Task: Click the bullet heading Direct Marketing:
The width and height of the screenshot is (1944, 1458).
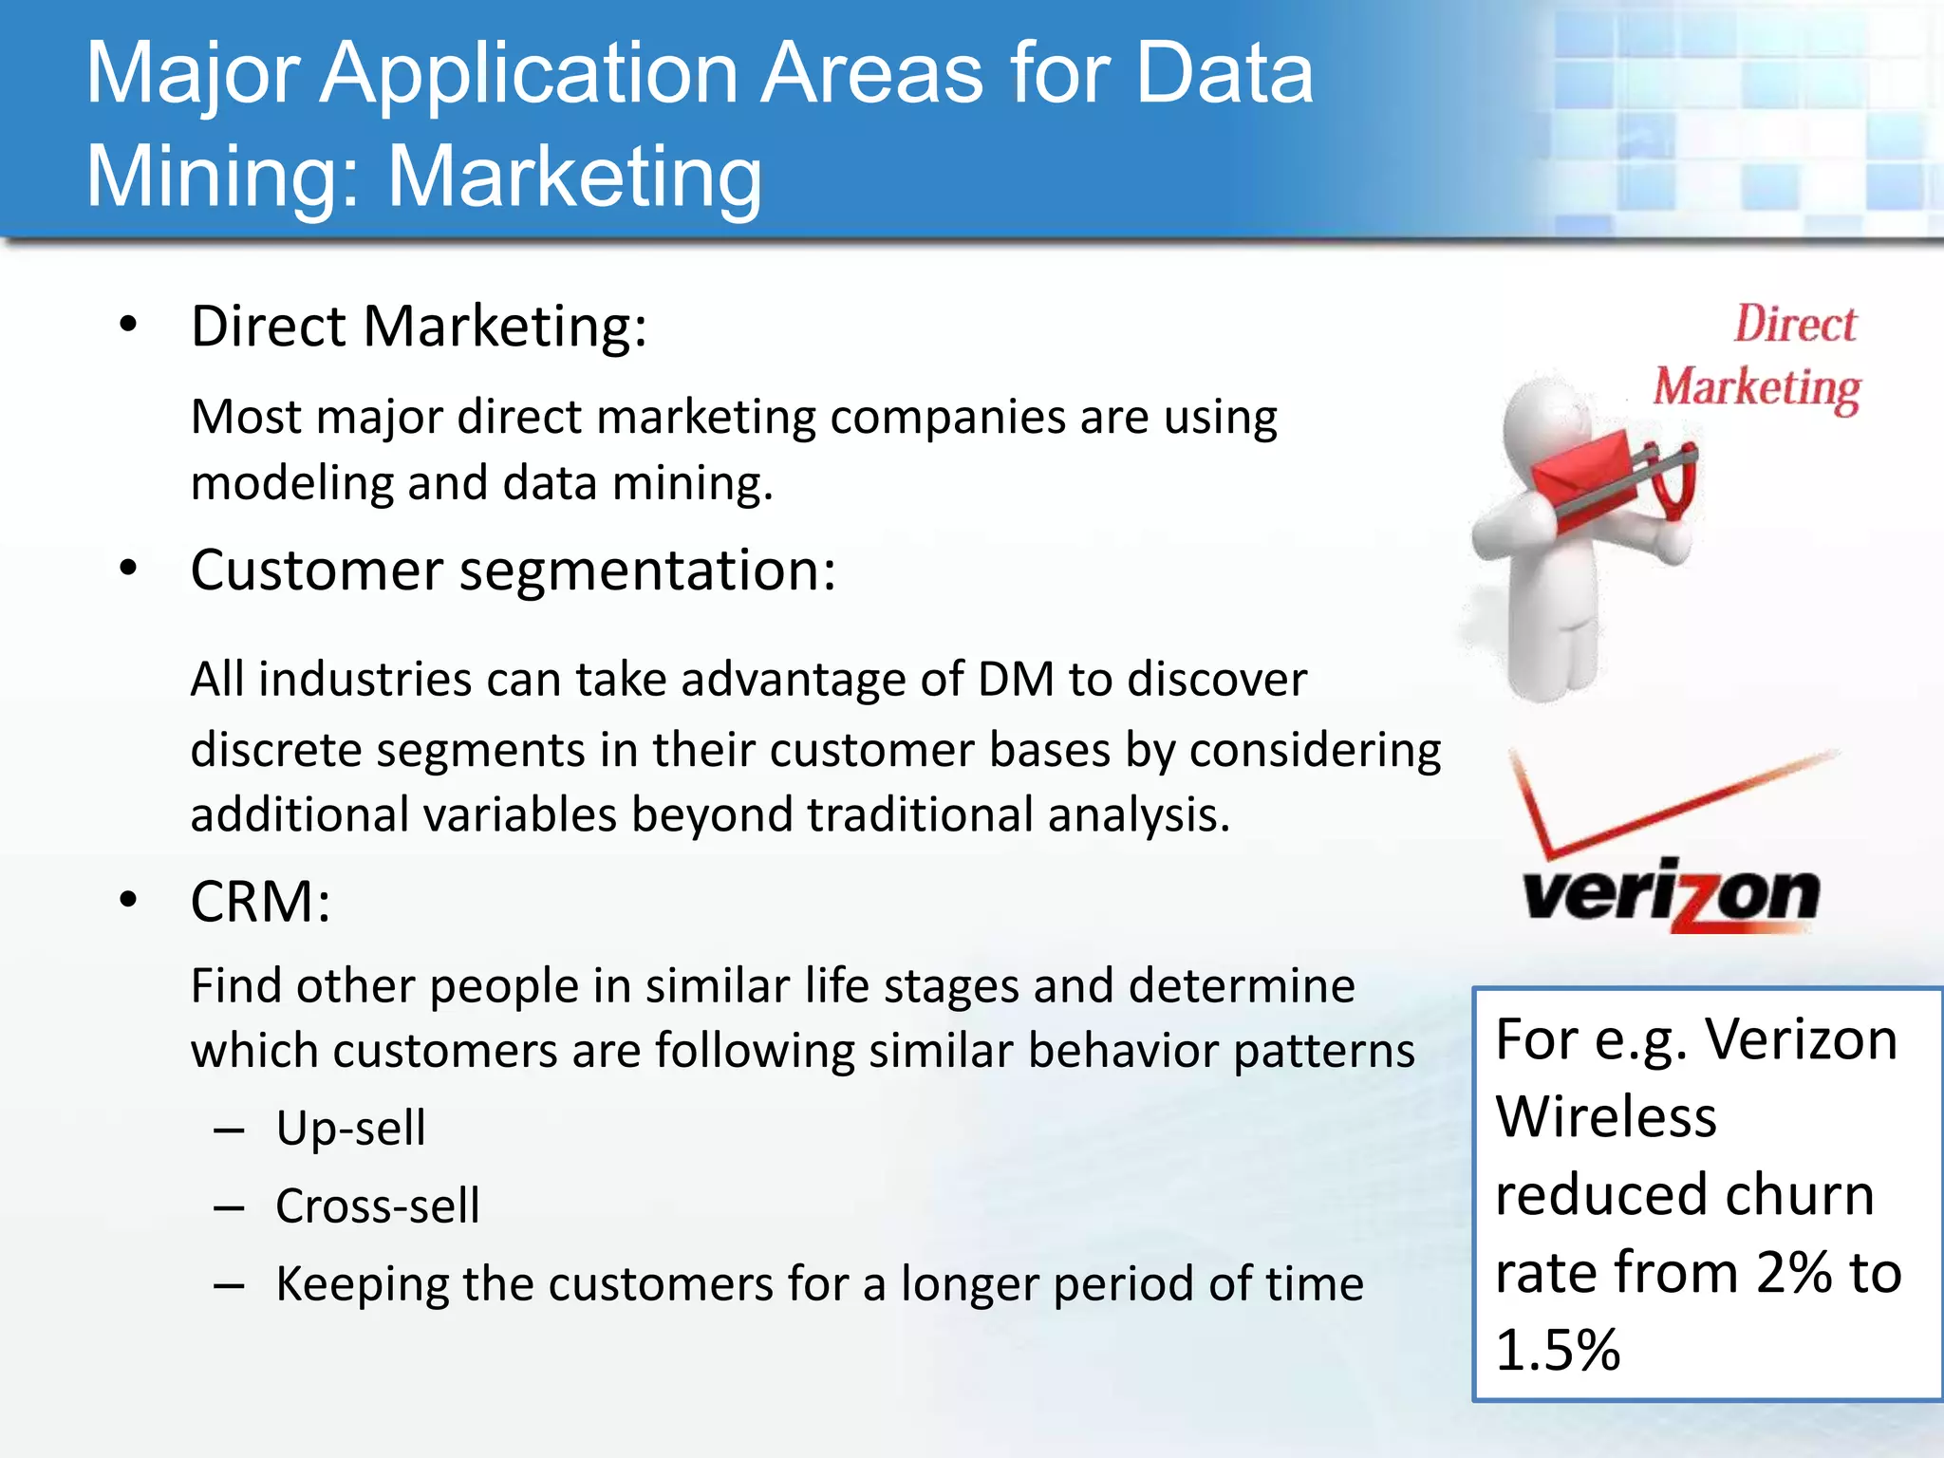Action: [419, 327]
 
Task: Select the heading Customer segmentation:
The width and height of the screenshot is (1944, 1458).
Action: [513, 570]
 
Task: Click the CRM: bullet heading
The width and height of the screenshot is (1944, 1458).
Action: [260, 901]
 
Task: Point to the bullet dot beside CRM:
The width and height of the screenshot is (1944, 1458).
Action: [129, 899]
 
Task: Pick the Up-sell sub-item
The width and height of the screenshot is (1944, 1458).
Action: [350, 1129]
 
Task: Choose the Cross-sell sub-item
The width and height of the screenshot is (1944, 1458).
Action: [377, 1206]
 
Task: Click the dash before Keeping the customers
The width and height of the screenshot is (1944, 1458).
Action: [230, 1286]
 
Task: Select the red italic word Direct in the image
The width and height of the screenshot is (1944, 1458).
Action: [1795, 325]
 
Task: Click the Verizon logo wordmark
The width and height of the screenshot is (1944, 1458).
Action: [1671, 895]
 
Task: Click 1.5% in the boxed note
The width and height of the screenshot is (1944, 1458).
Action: [1558, 1350]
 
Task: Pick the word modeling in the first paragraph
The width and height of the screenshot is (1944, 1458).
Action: [290, 484]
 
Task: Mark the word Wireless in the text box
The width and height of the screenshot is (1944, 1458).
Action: [1606, 1116]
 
